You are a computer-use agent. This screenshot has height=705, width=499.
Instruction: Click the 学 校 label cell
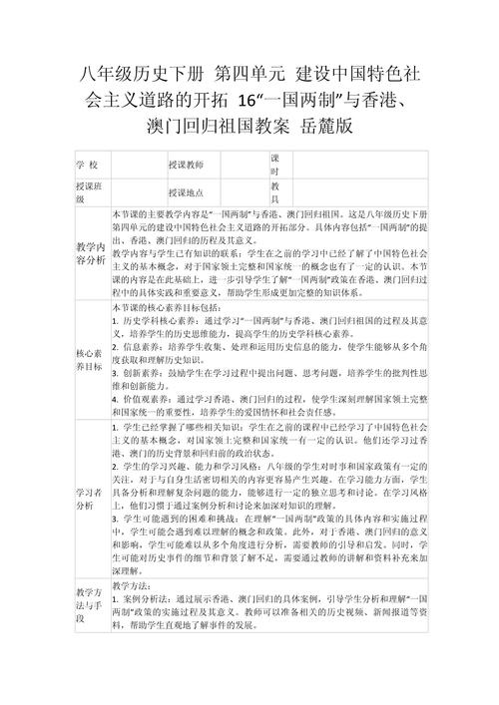(87, 163)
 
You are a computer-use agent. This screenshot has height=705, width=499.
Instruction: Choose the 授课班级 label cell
(87, 193)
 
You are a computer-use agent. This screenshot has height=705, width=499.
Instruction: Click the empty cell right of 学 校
(137, 163)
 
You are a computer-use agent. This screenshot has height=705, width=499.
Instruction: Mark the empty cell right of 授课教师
(238, 163)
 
